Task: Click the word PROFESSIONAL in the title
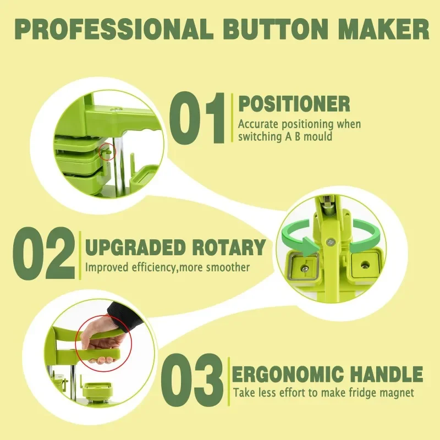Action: tap(114, 30)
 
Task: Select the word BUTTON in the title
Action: tap(276, 30)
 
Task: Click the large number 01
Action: tap(197, 118)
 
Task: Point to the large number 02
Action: tap(44, 253)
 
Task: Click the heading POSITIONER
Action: tap(294, 104)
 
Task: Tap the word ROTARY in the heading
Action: tap(229, 247)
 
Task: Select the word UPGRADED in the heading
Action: tap(135, 247)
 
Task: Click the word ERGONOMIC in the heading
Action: tap(288, 374)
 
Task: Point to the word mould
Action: tap(318, 136)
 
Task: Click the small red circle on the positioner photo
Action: tap(107, 152)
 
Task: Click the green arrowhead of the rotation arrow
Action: tap(311, 246)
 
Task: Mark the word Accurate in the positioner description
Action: tap(258, 124)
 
